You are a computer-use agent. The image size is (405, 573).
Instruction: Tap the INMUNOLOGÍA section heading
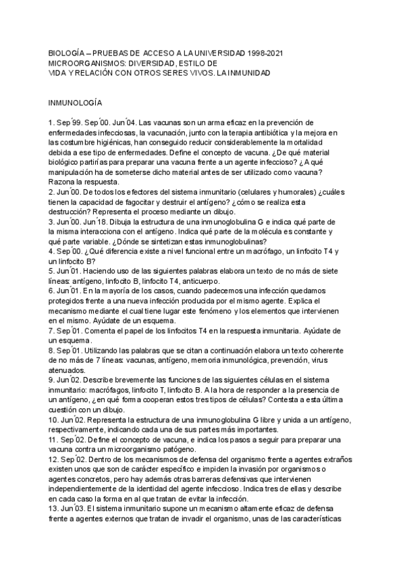pos(74,103)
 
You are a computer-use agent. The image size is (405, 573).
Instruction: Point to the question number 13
pos(53,509)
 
